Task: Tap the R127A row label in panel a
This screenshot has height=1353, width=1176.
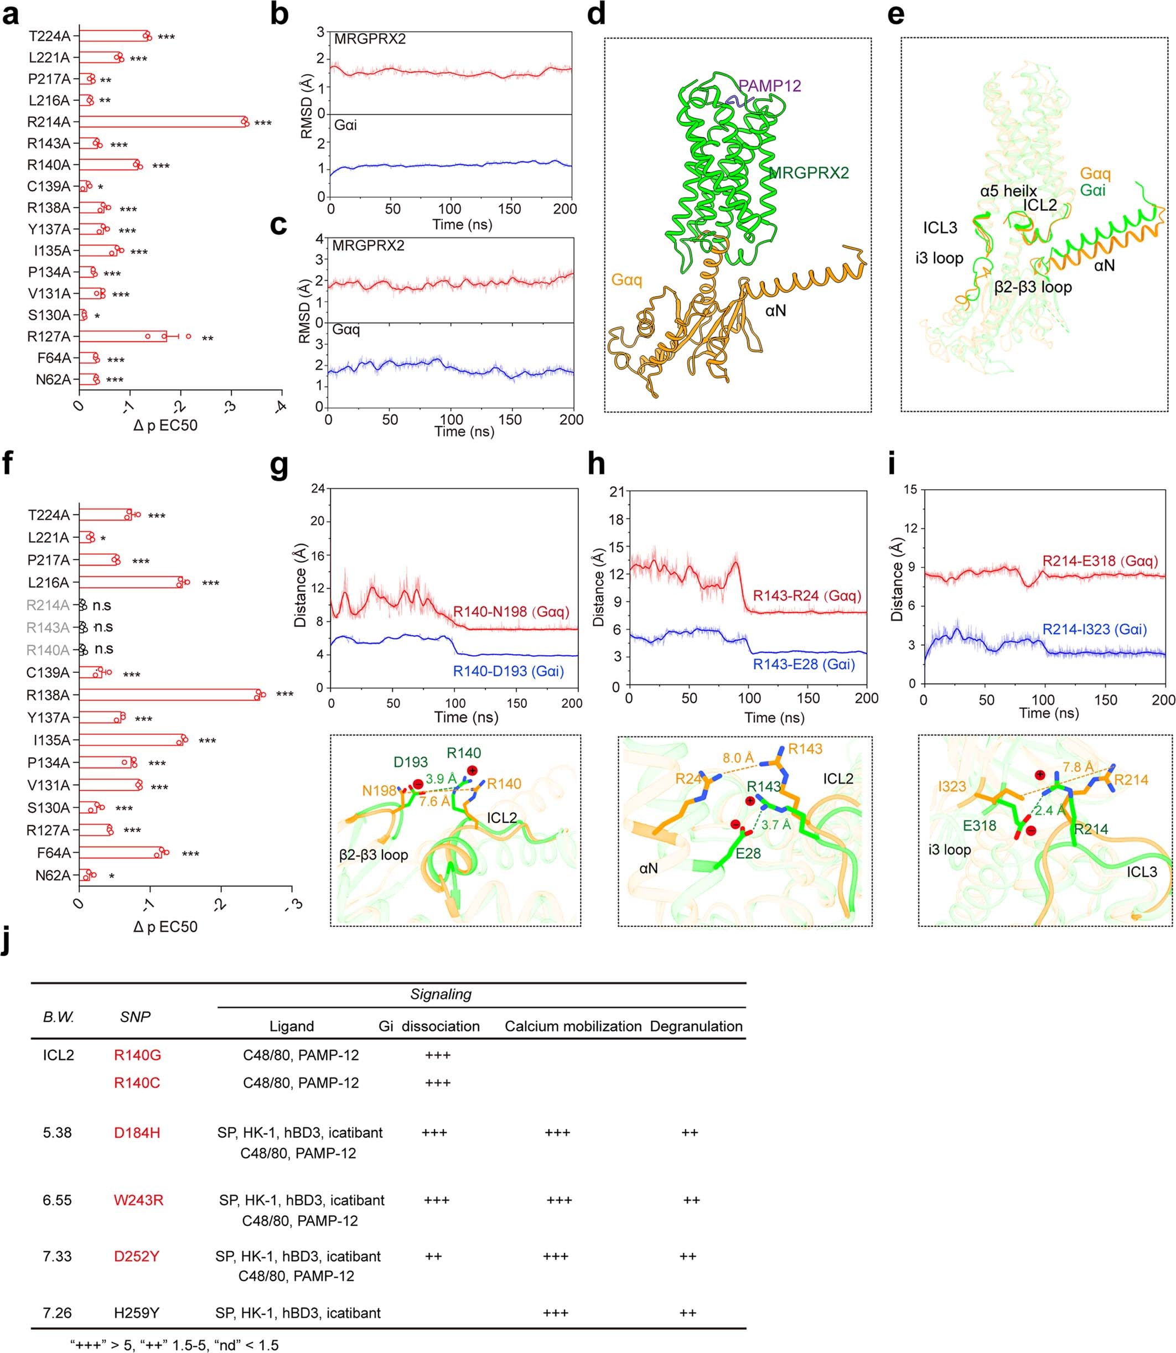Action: tap(49, 336)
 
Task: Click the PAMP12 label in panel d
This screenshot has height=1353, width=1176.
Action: tap(770, 86)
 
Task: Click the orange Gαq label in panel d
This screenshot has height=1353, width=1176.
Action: tap(626, 280)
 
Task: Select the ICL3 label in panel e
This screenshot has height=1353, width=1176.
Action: tap(940, 227)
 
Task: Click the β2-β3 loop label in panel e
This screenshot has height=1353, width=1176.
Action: tap(1033, 287)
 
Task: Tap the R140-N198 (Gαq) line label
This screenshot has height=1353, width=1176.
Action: tap(511, 612)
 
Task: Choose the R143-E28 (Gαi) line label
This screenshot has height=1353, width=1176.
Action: tap(804, 664)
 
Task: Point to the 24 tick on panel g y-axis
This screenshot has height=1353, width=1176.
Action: tap(318, 489)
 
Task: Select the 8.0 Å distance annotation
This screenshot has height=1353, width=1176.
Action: tap(738, 759)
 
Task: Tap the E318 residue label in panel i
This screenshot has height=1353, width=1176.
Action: tap(980, 826)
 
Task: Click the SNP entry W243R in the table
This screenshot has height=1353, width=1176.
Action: tap(138, 1201)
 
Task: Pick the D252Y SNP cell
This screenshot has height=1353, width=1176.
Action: tap(137, 1257)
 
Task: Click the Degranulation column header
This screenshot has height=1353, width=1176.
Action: tap(696, 1027)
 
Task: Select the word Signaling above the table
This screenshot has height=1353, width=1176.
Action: tap(441, 994)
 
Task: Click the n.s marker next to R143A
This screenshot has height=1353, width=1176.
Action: tap(103, 628)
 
